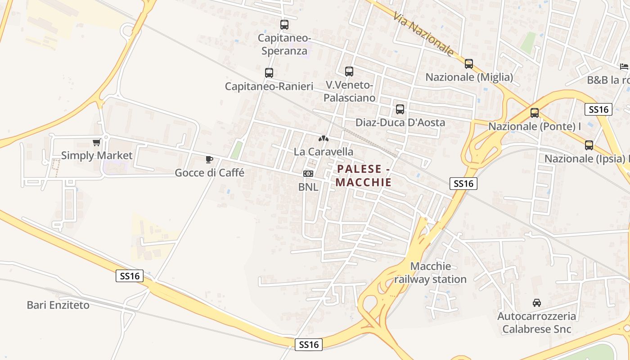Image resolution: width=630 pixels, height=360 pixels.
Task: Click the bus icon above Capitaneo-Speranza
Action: [284, 25]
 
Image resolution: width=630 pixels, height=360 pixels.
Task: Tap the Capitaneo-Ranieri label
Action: [269, 86]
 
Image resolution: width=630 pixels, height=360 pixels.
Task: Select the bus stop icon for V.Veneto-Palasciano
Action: [349, 71]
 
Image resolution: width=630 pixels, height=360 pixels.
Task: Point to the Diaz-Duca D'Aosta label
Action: [400, 122]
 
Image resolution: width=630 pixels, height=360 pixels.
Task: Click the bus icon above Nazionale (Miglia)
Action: [469, 64]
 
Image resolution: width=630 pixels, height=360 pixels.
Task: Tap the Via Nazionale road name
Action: [423, 34]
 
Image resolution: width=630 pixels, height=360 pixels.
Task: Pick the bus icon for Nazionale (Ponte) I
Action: [535, 113]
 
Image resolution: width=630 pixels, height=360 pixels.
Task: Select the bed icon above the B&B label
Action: [624, 67]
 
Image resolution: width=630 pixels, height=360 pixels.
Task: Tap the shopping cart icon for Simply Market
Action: [96, 143]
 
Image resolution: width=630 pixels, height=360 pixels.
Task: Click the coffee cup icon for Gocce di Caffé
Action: [209, 159]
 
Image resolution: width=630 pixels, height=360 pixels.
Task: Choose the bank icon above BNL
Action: [308, 174]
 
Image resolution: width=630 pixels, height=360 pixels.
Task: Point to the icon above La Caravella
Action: [324, 139]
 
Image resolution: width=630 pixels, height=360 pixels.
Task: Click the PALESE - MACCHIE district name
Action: [363, 175]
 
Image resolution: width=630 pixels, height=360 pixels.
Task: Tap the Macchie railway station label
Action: [431, 273]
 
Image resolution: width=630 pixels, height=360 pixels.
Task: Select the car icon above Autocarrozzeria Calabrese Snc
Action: [536, 302]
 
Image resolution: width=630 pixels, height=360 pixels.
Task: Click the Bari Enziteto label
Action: [58, 305]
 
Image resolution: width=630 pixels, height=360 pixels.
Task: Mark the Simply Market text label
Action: [97, 156]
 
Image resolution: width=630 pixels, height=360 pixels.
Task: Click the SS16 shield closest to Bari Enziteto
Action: [130, 276]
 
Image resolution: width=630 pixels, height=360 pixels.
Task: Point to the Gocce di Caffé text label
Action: [209, 173]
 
